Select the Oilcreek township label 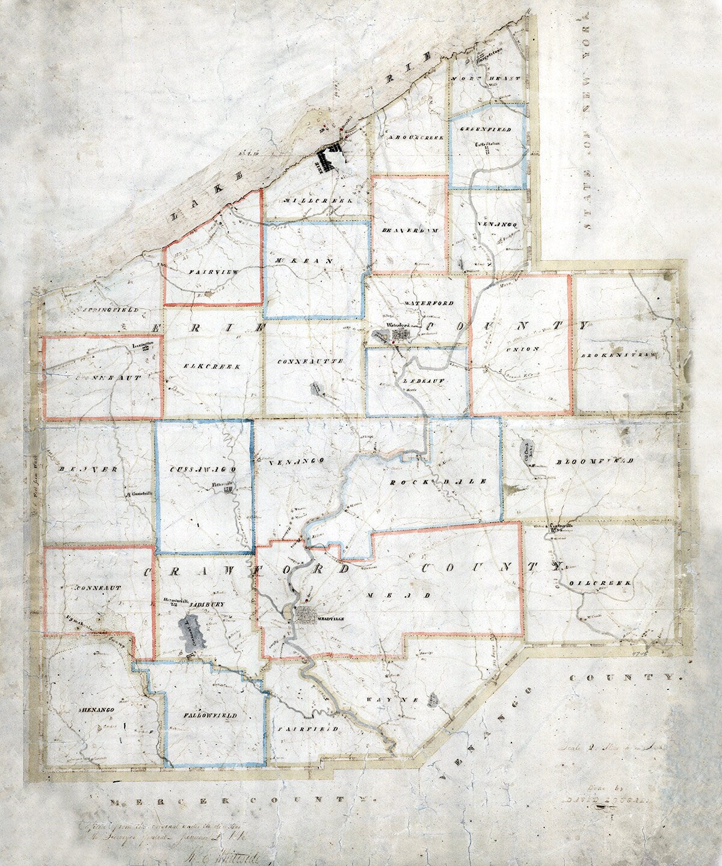tap(599, 583)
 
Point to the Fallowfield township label tap(211, 716)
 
